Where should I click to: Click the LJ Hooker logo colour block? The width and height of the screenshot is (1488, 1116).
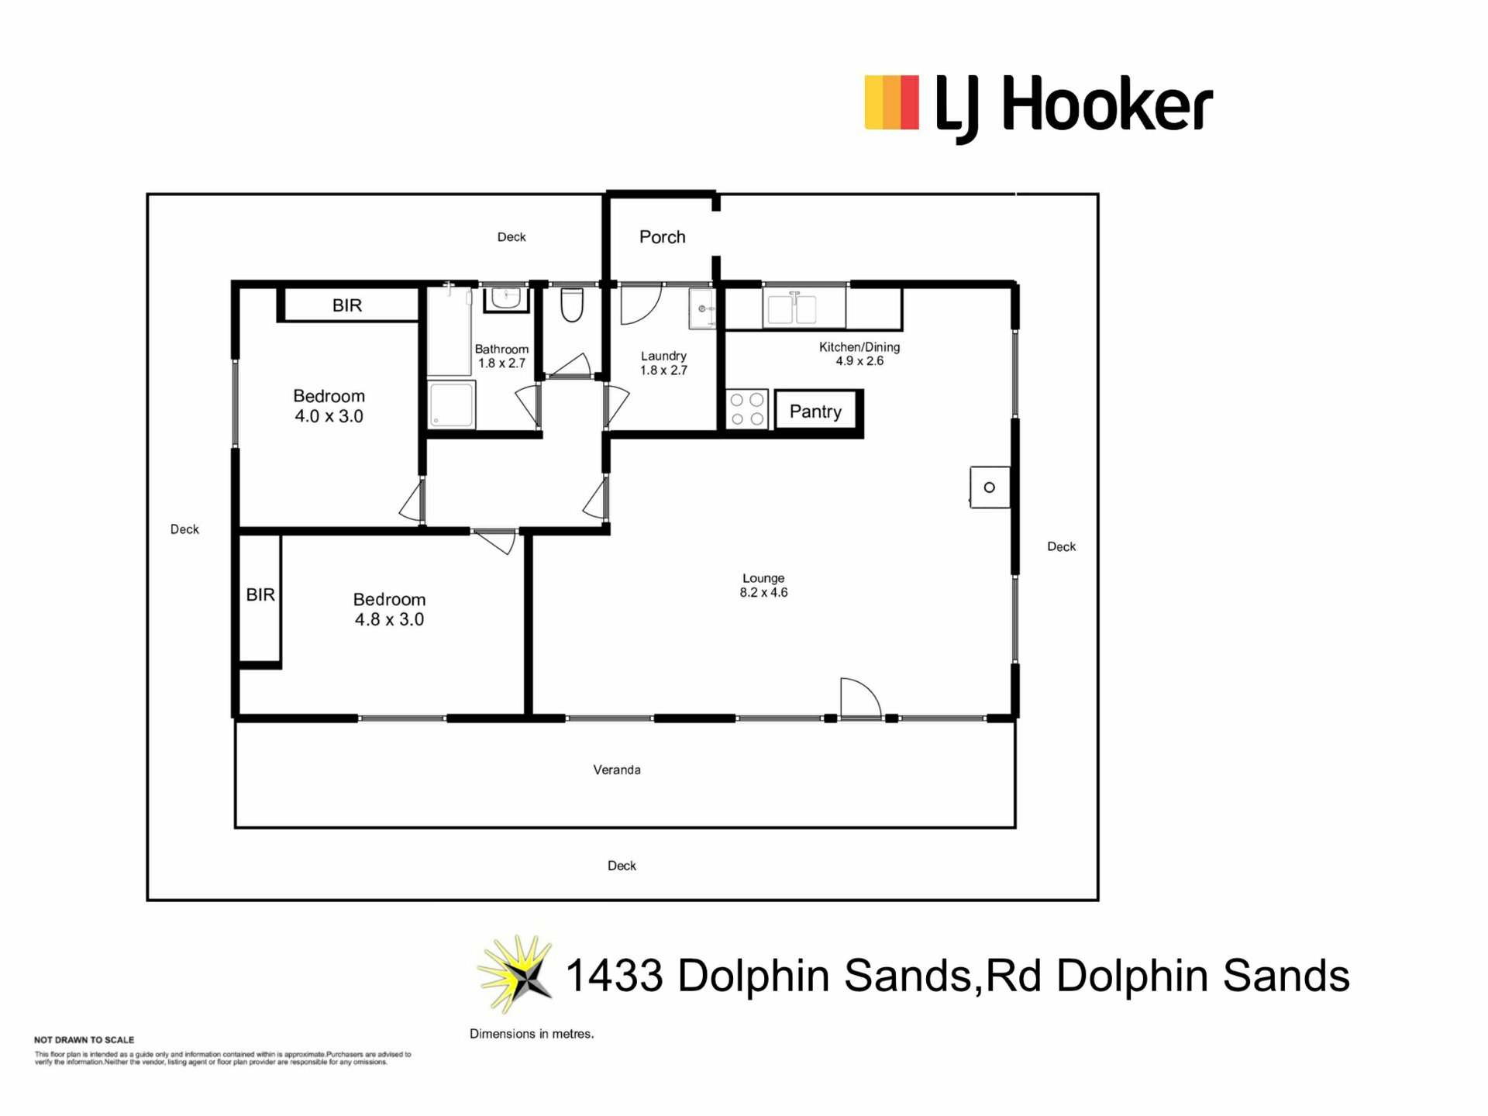pyautogui.click(x=891, y=102)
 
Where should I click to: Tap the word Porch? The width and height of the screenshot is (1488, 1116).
pyautogui.click(x=662, y=237)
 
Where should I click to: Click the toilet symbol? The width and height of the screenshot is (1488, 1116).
pyautogui.click(x=572, y=305)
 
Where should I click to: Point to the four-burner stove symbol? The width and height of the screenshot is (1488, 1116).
pyautogui.click(x=747, y=409)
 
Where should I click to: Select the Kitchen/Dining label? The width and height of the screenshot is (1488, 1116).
pyautogui.click(x=859, y=353)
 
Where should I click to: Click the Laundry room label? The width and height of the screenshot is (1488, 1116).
pyautogui.click(x=663, y=363)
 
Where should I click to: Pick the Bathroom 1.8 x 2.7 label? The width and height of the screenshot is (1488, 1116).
pyautogui.click(x=501, y=356)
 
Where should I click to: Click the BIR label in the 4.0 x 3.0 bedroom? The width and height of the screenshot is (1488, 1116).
pyautogui.click(x=347, y=305)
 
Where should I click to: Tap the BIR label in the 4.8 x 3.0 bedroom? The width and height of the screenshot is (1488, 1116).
pyautogui.click(x=260, y=594)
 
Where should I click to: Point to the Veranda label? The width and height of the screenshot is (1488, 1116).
pyautogui.click(x=617, y=770)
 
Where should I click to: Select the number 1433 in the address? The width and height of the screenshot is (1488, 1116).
pyautogui.click(x=615, y=975)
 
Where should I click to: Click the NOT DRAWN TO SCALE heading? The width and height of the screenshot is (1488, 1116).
pyautogui.click(x=84, y=1040)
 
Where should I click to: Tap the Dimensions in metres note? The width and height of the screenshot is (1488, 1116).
pyautogui.click(x=532, y=1034)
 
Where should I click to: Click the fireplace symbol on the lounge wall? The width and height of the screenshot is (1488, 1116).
pyautogui.click(x=990, y=487)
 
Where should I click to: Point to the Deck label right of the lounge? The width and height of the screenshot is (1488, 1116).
pyautogui.click(x=1061, y=546)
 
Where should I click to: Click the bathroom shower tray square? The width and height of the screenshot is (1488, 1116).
pyautogui.click(x=452, y=404)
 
